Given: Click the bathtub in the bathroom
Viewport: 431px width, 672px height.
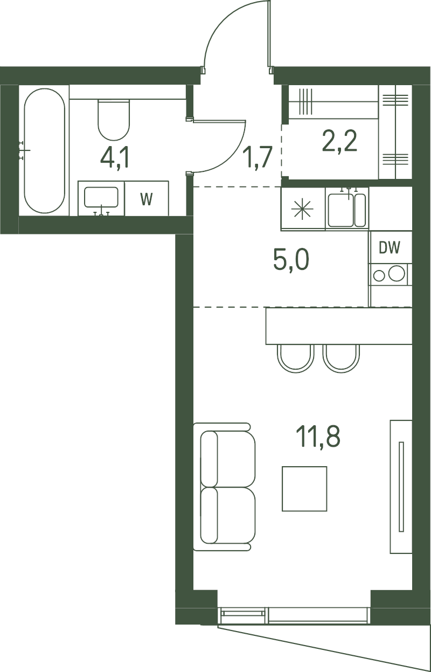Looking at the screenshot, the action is [x=44, y=150].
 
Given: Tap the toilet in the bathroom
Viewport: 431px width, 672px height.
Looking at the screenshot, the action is [x=114, y=120].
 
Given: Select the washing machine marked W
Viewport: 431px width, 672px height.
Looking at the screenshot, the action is [x=147, y=198].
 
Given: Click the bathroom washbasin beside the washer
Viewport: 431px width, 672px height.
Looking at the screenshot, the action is [x=101, y=198].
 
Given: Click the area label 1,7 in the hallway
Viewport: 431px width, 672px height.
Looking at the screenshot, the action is [x=258, y=157].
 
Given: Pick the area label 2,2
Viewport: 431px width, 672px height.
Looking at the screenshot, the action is [x=339, y=141].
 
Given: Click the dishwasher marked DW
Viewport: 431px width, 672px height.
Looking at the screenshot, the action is [x=390, y=247].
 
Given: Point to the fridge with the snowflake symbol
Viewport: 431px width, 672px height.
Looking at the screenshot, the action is [x=303, y=209].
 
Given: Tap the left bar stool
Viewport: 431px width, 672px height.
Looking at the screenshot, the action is [x=296, y=358].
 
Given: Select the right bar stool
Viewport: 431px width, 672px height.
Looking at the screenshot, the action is [x=341, y=358].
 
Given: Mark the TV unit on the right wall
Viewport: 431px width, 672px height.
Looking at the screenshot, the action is [x=401, y=486].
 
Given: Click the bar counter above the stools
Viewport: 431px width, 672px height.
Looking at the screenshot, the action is [x=339, y=325].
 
